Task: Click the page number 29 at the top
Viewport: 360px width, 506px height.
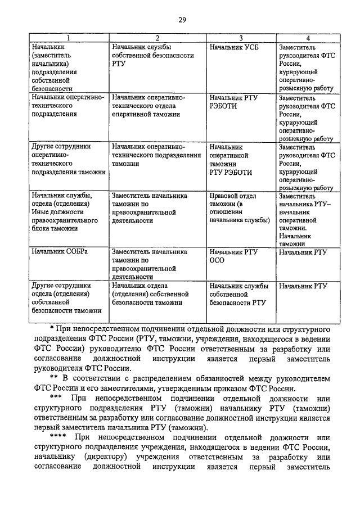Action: (182, 21)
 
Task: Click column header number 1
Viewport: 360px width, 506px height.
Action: (69, 38)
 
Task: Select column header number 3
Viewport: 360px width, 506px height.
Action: (241, 38)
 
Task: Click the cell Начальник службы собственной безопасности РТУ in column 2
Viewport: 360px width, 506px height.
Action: (153, 56)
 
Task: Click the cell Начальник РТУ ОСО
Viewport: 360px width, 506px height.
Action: (233, 256)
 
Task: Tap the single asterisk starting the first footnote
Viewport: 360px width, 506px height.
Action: (51, 327)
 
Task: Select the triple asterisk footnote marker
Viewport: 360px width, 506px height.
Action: (56, 399)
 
